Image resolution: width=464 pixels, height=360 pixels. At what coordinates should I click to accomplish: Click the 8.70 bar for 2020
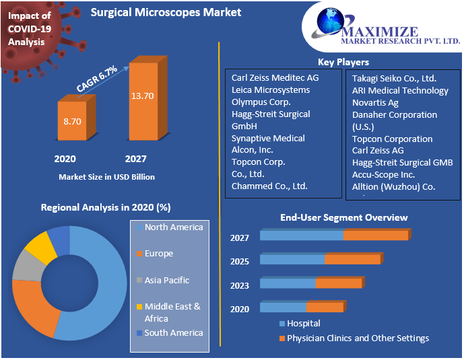pyautogui.click(x=72, y=122)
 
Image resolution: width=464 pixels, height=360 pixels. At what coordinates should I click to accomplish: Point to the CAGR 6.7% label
pyautogui.click(x=97, y=79)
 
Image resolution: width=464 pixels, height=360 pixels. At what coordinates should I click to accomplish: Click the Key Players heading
pyautogui.click(x=343, y=62)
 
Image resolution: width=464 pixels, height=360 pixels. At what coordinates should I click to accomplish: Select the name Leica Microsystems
pyautogui.click(x=271, y=89)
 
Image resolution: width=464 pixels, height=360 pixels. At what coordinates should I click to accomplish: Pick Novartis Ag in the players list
pyautogui.click(x=375, y=102)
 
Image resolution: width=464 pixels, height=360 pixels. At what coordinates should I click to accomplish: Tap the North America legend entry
pyautogui.click(x=173, y=227)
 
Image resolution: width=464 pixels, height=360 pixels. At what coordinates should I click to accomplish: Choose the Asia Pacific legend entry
pyautogui.click(x=166, y=280)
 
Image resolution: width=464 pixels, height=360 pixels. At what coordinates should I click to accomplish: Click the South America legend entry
pyautogui.click(x=173, y=332)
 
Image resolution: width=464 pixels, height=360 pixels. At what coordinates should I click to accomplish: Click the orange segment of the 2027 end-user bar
pyautogui.click(x=376, y=236)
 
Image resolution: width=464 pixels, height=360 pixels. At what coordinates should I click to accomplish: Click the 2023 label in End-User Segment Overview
pyautogui.click(x=240, y=285)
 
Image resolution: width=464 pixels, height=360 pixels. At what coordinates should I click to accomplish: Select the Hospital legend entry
pyautogui.click(x=303, y=324)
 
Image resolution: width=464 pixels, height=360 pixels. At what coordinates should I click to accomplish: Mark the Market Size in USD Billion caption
pyautogui.click(x=107, y=177)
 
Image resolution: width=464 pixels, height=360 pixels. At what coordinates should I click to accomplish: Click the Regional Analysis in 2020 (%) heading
pyautogui.click(x=106, y=208)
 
